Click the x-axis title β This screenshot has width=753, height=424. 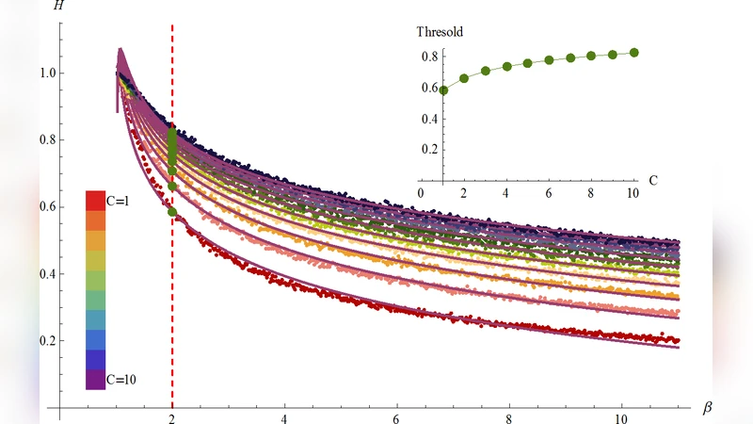point(708,408)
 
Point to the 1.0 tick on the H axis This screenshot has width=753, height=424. point(46,73)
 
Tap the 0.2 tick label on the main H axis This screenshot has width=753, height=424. point(46,341)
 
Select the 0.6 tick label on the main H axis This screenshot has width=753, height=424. point(46,207)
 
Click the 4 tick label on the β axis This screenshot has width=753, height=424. point(284,417)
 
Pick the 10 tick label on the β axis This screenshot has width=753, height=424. point(621,417)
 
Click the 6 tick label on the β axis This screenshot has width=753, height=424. point(397,417)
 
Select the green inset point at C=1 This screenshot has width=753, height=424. point(442,90)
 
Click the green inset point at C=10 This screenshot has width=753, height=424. point(633,53)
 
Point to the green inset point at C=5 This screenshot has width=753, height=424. point(528,63)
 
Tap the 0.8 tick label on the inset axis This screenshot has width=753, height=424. point(429,56)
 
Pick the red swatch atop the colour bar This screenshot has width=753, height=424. point(94,201)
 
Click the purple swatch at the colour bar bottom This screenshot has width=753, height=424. point(94,379)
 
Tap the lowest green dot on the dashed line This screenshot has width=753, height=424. point(172,212)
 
